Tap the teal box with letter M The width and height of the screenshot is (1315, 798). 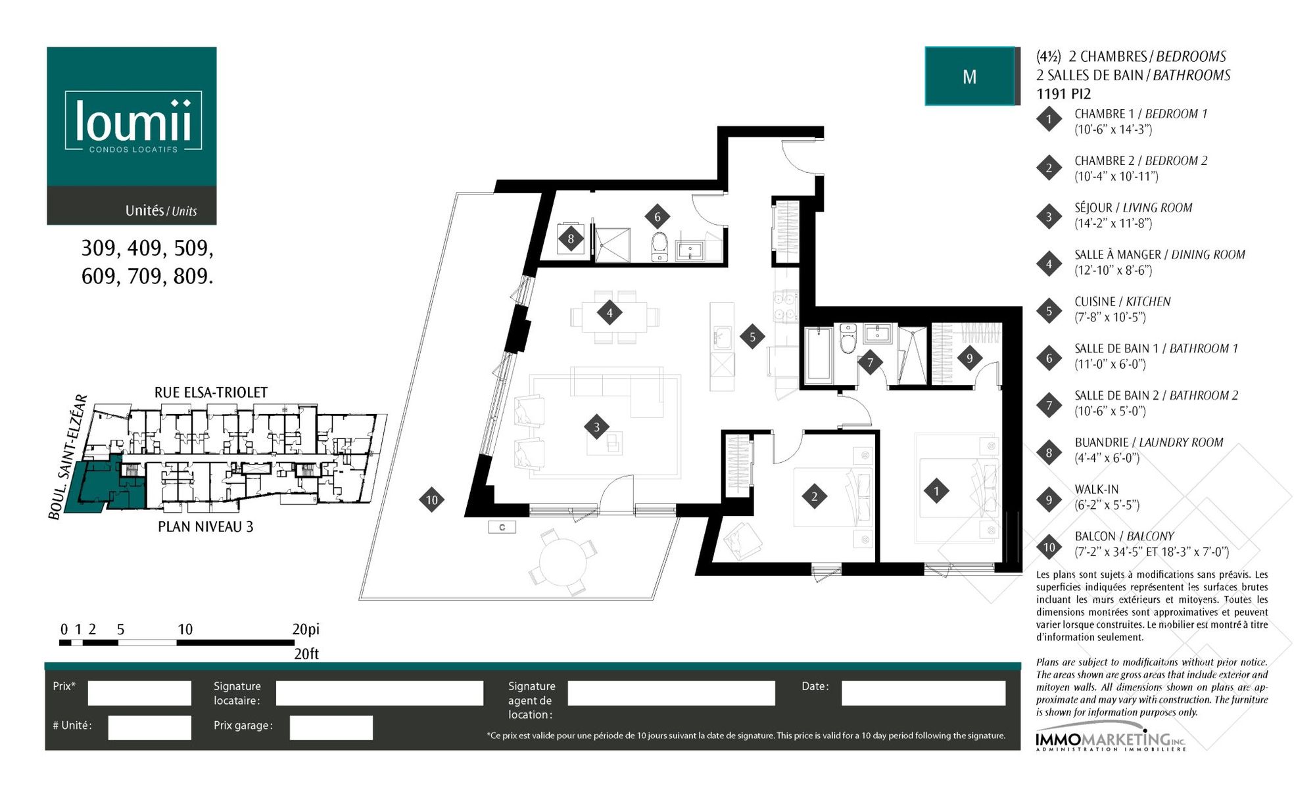(970, 76)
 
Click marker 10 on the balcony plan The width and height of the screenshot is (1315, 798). (432, 500)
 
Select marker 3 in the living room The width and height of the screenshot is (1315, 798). (596, 427)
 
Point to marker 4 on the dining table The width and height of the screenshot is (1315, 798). (610, 312)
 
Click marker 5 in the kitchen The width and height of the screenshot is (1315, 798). (752, 337)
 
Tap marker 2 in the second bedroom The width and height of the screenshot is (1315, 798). (815, 496)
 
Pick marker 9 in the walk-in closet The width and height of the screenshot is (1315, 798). (969, 358)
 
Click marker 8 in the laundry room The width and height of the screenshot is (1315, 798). (571, 239)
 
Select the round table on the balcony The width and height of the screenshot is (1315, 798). (562, 562)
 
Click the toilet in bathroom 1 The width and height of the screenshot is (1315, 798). (659, 246)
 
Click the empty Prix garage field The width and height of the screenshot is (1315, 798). (331, 728)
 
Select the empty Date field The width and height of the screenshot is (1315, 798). (923, 693)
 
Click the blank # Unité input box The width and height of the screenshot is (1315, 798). (150, 728)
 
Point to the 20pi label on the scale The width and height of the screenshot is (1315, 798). (306, 629)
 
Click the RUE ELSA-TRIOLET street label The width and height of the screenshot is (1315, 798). (211, 392)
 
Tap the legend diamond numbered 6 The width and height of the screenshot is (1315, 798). (1049, 358)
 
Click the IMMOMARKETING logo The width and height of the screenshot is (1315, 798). (1111, 741)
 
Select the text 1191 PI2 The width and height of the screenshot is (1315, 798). (1063, 93)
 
